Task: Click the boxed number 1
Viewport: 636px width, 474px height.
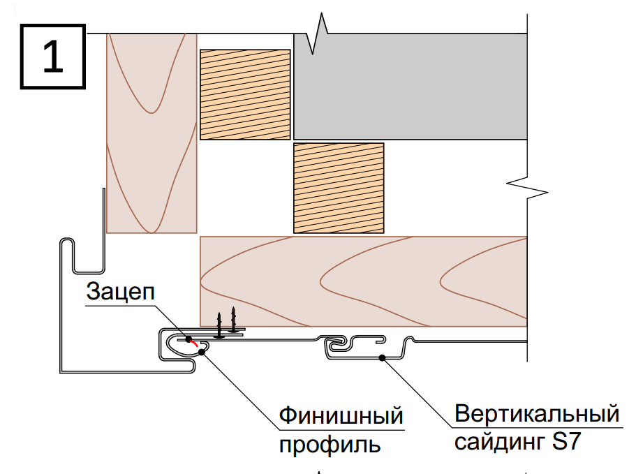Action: (53, 57)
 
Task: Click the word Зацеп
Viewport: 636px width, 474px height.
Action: (121, 291)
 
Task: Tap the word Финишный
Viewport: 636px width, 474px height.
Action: (341, 415)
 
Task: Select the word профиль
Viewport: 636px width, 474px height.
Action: (330, 445)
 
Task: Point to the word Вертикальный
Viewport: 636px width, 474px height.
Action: (537, 413)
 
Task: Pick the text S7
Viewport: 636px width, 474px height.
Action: (566, 440)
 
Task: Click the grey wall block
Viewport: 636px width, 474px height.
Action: (411, 87)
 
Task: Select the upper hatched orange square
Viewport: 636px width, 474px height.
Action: (246, 94)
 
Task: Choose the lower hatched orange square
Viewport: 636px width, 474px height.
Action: (339, 188)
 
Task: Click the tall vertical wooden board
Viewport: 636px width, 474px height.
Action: (151, 133)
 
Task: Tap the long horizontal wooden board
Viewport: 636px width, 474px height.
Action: (364, 281)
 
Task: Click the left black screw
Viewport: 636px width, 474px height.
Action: (219, 325)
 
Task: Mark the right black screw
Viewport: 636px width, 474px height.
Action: (233, 320)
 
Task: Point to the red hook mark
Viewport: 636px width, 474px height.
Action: (194, 343)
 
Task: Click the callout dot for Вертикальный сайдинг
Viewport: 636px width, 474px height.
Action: (382, 357)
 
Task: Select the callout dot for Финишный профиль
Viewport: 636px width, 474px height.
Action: (202, 352)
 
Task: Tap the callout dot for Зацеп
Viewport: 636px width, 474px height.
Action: (188, 339)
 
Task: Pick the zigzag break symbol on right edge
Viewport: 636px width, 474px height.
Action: (527, 188)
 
